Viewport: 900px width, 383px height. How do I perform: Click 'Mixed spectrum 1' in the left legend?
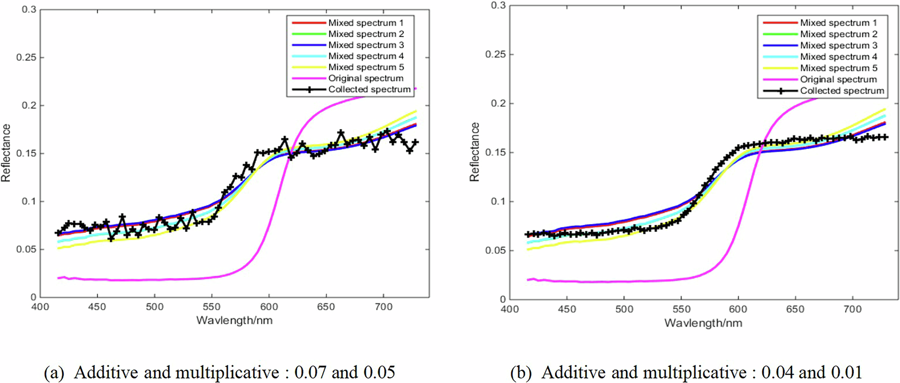point(365,23)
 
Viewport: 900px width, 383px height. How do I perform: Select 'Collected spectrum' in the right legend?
point(841,91)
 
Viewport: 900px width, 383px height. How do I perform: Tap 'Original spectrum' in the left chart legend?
point(365,78)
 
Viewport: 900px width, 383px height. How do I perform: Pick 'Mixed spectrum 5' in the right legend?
point(838,68)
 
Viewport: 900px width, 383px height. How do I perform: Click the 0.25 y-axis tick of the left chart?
point(26,58)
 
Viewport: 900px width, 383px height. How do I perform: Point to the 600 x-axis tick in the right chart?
point(738,309)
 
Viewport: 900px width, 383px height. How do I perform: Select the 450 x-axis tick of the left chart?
point(97,307)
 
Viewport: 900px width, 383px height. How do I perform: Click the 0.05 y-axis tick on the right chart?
point(495,251)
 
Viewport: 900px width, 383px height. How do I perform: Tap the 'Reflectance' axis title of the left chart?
point(6,153)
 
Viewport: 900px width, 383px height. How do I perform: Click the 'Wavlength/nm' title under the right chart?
point(703,323)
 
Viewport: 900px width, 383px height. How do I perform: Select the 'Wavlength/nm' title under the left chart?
point(234,320)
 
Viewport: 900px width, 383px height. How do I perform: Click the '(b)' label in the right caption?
point(521,373)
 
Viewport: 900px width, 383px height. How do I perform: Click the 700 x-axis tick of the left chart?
point(383,307)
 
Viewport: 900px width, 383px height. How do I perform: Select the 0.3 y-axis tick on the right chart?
point(498,5)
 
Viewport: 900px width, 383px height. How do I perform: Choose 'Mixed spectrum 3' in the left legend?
point(365,45)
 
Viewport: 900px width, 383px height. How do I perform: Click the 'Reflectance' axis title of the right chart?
point(474,152)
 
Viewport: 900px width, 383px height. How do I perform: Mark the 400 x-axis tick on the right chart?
point(509,309)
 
